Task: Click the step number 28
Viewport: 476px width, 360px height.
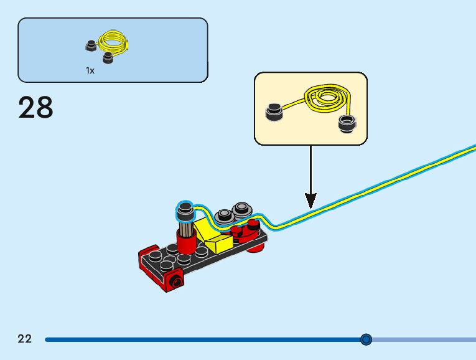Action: pos(35,107)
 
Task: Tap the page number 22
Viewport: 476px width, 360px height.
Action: pos(24,339)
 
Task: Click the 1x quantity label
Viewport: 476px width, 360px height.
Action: pos(90,71)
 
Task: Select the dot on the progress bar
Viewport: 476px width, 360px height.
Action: pos(366,339)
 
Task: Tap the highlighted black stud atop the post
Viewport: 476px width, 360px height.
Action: pos(184,211)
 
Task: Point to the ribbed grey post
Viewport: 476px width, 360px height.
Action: pos(184,227)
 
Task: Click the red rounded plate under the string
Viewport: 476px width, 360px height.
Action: pos(247,230)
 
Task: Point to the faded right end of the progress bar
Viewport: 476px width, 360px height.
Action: pos(429,339)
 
